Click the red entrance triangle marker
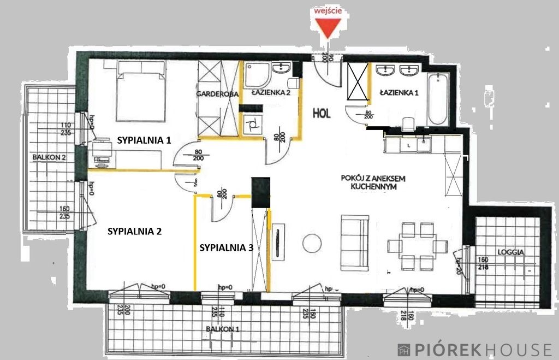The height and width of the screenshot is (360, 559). (326, 28)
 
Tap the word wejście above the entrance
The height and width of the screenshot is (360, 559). (326, 10)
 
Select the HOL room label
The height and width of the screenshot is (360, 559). (322, 114)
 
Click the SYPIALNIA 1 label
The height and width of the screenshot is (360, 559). (144, 140)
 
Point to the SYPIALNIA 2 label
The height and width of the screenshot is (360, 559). (134, 231)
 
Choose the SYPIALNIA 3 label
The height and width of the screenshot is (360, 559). (226, 247)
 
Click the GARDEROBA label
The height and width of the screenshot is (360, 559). (218, 94)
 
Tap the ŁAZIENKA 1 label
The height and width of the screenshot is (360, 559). (400, 93)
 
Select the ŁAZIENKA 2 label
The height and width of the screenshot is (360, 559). (271, 93)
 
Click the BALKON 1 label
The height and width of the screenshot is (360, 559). (223, 329)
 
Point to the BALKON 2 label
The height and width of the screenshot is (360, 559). (49, 157)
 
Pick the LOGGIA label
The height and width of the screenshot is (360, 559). (511, 252)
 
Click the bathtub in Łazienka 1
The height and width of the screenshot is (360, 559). (438, 99)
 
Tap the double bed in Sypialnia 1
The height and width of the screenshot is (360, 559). (141, 90)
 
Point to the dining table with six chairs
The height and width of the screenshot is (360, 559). (418, 246)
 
